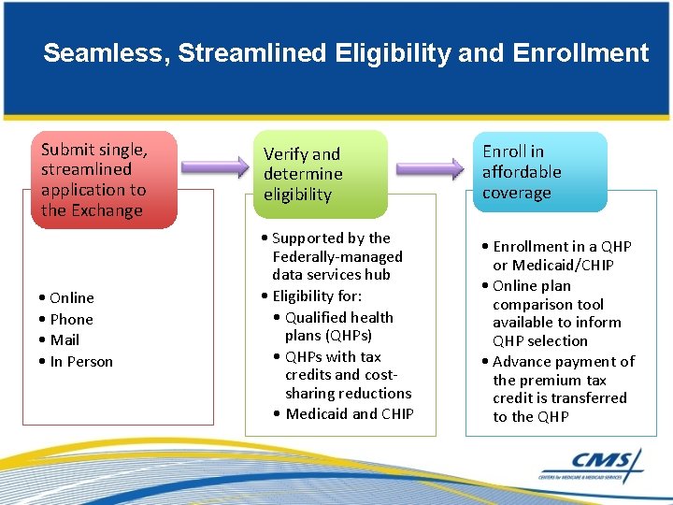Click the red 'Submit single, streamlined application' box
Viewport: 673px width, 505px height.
tap(99, 180)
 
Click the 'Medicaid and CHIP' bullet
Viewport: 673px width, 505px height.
tap(350, 413)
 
